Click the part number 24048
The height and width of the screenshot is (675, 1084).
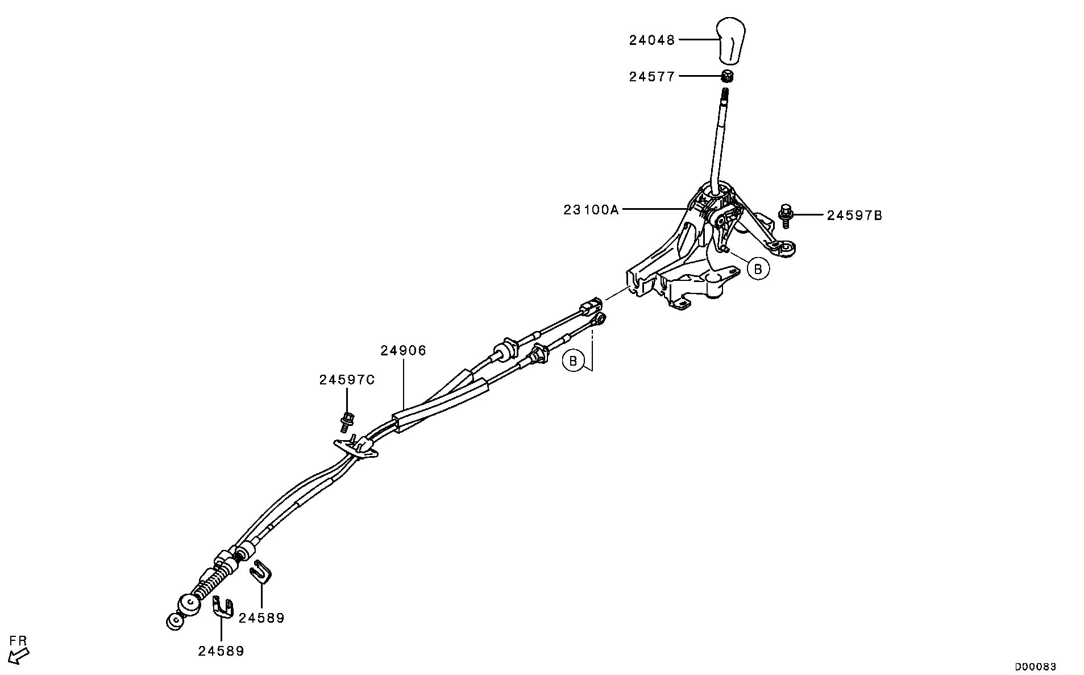click(x=651, y=40)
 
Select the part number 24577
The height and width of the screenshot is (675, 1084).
click(x=651, y=77)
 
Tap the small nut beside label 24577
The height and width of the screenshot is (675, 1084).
click(x=727, y=76)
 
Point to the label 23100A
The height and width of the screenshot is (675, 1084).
click(x=591, y=210)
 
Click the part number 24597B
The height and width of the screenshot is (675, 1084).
click(x=854, y=216)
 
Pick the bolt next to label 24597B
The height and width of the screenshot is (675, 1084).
click(x=785, y=215)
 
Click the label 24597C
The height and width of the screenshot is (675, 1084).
click(x=347, y=380)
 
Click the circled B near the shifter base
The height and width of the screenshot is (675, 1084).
click(x=758, y=268)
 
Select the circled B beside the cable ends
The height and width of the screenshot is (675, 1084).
click(x=573, y=361)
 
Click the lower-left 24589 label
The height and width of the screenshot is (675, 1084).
click(x=221, y=651)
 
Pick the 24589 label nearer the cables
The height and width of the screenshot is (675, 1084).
click(x=261, y=618)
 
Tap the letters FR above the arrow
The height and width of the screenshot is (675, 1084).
click(x=18, y=640)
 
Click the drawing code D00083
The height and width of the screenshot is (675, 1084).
click(x=1035, y=666)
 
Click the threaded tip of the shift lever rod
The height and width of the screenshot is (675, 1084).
click(x=726, y=94)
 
